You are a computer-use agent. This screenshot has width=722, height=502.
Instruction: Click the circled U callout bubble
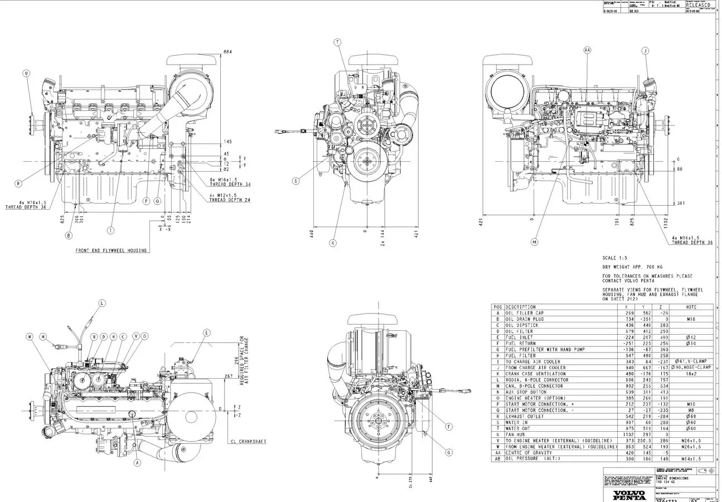[x=26, y=73]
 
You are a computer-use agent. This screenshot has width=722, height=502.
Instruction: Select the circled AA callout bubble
[x=587, y=50]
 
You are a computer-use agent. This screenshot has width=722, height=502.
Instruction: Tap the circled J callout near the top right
[x=646, y=51]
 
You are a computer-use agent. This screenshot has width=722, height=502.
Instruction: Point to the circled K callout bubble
[x=333, y=243]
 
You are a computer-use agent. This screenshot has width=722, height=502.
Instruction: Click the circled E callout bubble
[x=207, y=333]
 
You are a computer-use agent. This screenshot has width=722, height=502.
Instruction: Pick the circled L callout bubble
[x=102, y=303]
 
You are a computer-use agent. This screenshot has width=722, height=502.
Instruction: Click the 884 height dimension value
[x=227, y=52]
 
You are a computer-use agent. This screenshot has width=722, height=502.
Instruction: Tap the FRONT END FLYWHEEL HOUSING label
[x=111, y=251]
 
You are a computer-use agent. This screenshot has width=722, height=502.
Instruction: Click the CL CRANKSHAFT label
[x=248, y=442]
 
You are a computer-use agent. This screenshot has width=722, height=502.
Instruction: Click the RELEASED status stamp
[x=698, y=5]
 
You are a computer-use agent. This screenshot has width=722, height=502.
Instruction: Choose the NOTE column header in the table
[x=691, y=307]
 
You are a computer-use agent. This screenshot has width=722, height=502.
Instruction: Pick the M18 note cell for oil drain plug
[x=691, y=319]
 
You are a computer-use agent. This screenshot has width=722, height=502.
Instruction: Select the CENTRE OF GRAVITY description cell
[x=530, y=453]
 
